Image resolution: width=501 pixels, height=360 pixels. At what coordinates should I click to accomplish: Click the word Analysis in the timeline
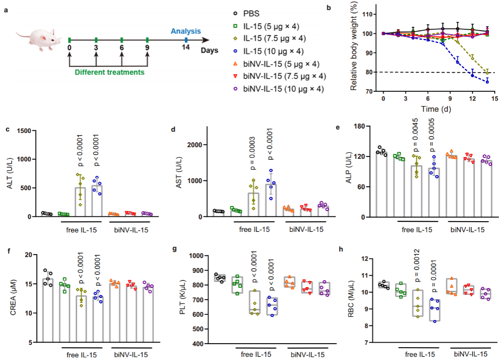pos(186,31)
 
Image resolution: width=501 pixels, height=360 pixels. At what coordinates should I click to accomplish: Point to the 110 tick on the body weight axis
pos(367,14)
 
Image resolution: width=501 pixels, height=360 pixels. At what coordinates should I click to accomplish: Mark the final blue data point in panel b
pos(487,82)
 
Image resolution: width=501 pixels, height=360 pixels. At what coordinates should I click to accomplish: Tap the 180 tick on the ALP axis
pos(364,126)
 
